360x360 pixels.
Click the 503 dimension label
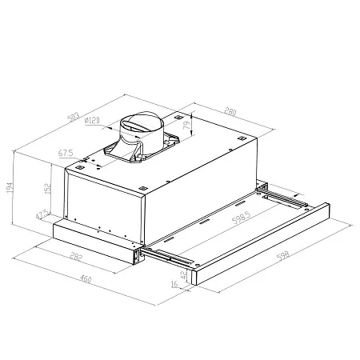click(74, 118)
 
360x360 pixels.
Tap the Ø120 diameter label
click(92, 121)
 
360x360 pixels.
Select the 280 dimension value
click(230, 111)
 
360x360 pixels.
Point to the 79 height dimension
click(188, 125)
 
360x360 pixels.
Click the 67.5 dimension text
click(66, 153)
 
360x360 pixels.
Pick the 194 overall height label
click(10, 188)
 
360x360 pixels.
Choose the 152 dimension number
click(48, 188)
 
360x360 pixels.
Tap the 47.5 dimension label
click(42, 214)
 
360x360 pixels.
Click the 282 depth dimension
click(76, 256)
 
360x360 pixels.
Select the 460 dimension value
click(86, 279)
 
